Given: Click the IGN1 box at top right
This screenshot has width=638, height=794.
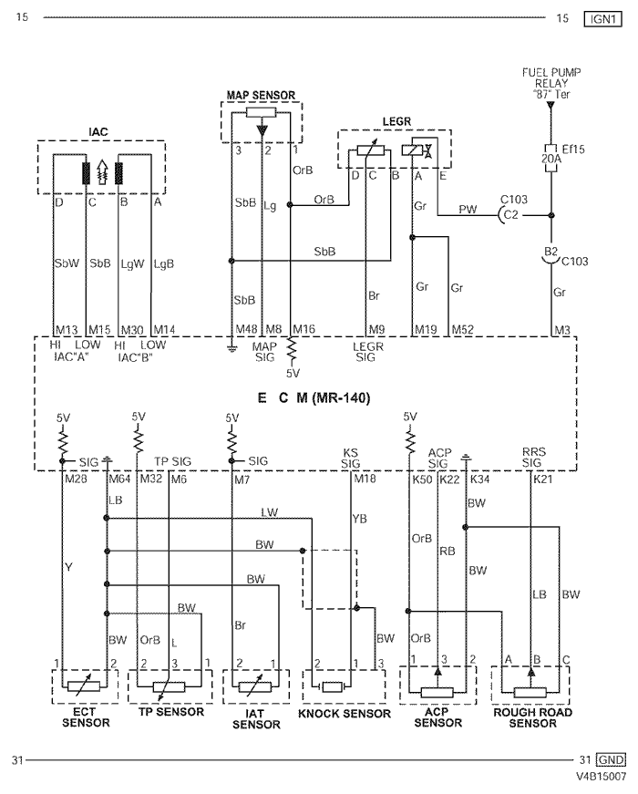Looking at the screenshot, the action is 602,19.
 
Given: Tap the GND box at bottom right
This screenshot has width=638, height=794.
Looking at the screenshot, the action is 611,759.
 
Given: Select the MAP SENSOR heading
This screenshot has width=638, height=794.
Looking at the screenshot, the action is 261,95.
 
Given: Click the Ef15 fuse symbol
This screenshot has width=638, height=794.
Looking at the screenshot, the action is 551,158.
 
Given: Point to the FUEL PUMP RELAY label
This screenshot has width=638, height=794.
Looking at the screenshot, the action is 551,83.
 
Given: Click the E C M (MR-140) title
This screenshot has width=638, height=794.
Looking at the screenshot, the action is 314,398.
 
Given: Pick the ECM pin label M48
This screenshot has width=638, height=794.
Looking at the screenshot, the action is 246,329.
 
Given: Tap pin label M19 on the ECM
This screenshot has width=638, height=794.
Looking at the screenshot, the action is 426,330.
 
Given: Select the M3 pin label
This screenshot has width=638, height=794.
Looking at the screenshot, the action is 562,330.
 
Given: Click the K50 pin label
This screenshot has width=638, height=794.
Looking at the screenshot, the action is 422,479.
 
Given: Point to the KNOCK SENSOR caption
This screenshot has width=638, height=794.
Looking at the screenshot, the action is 345,714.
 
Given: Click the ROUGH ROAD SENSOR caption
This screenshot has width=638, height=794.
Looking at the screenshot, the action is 532,717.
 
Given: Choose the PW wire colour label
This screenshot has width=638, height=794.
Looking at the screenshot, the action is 468,209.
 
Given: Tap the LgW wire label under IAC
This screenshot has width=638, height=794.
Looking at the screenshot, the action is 133,263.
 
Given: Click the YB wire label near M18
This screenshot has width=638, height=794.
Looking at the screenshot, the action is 359,519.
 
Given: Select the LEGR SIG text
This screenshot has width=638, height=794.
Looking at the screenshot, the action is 368,352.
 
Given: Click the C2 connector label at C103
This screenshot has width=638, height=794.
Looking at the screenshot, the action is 511,214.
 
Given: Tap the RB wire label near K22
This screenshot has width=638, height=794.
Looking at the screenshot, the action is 448,551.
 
